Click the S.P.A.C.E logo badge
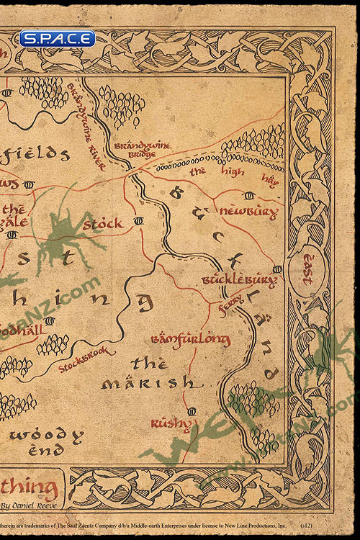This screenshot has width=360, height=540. tap(57, 38)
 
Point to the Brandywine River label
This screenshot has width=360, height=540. tap(86, 127)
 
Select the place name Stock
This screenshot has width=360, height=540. tap(103, 224)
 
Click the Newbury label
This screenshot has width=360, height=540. tap(248, 212)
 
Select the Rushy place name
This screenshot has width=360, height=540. tap(171, 423)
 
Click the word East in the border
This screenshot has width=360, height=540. tap(308, 269)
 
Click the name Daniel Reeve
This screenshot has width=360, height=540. tap(29, 506)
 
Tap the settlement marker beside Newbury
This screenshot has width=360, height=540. tap(249, 195)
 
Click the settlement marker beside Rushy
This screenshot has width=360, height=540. tap(191, 411)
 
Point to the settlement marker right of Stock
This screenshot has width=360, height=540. tap(138, 220)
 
